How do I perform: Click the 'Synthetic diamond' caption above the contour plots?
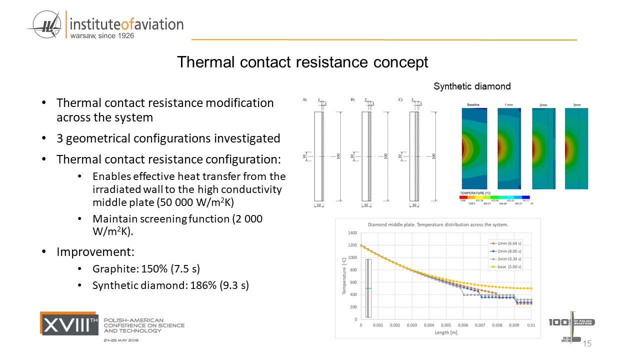tap(472, 86)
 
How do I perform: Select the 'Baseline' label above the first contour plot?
tap(473, 104)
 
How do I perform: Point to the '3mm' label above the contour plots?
tap(576, 105)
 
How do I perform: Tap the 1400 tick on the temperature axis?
tap(352, 233)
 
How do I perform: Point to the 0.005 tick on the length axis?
tap(445, 325)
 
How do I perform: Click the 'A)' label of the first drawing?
tap(304, 100)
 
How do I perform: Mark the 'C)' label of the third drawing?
tap(400, 100)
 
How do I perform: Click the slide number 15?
tap(587, 343)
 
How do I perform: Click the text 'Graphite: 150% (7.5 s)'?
tap(146, 268)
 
